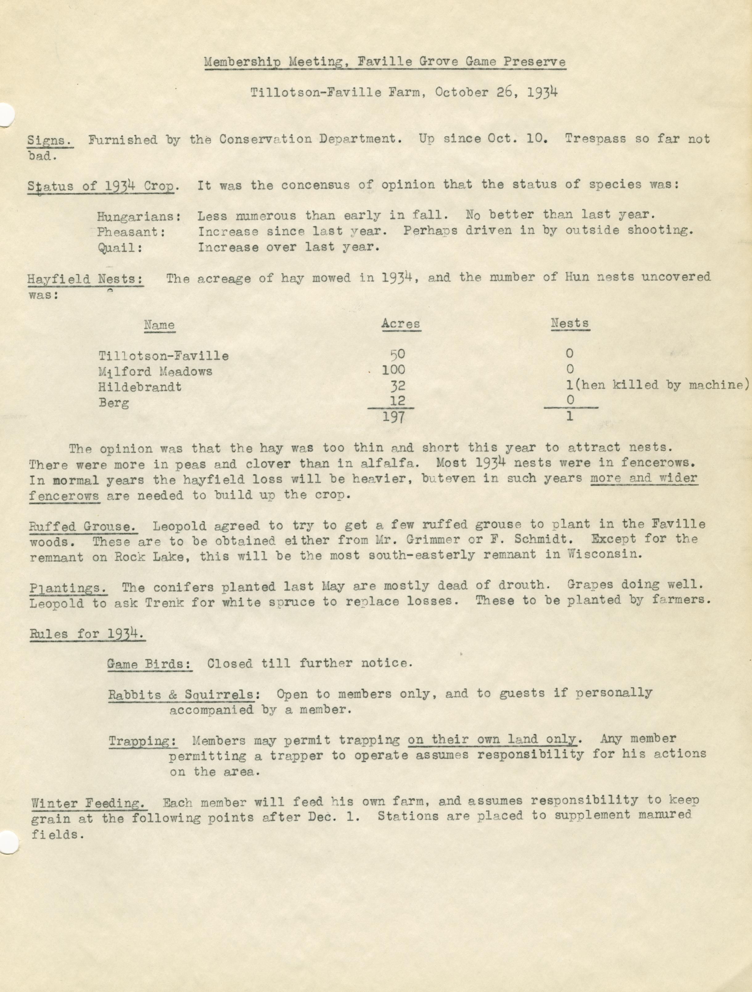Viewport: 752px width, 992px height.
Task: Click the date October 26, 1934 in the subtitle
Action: pos(496,93)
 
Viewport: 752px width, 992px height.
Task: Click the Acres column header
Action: pos(401,324)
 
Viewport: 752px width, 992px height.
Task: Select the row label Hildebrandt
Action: pos(140,387)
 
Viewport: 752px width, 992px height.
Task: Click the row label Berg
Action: pos(114,402)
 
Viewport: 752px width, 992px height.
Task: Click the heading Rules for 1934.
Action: pos(87,634)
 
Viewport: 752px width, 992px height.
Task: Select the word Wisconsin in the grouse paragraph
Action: pos(601,554)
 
